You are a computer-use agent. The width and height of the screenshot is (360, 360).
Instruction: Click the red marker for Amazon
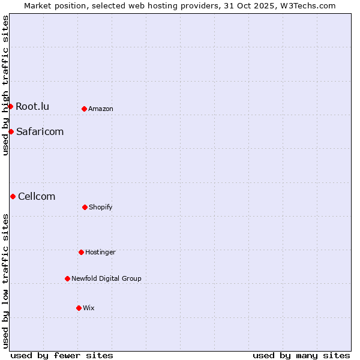tap(85, 109)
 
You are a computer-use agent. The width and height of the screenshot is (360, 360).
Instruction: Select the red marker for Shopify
tap(85, 207)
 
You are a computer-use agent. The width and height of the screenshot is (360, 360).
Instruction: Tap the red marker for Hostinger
tap(81, 252)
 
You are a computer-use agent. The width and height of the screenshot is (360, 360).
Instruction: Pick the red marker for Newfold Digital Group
tap(67, 278)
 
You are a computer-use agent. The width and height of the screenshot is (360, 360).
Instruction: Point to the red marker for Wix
tap(79, 308)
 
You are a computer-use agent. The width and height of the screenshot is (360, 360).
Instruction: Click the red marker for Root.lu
tap(10, 106)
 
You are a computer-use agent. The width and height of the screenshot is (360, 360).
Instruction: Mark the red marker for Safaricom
tap(11, 131)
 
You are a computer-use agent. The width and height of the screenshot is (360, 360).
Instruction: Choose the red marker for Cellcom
tap(13, 196)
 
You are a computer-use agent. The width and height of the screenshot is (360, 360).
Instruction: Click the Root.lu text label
tap(32, 106)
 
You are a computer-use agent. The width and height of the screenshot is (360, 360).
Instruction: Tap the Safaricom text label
tap(40, 131)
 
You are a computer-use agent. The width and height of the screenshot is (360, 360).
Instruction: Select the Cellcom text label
tap(37, 196)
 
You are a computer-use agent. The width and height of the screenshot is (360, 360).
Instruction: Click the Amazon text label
tap(101, 109)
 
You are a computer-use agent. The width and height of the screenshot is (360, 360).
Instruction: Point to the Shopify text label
tap(101, 207)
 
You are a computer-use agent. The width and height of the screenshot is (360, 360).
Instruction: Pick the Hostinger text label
tap(100, 252)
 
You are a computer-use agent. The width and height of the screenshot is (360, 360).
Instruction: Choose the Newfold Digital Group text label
tap(106, 278)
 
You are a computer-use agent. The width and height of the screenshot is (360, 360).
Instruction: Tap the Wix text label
tap(89, 308)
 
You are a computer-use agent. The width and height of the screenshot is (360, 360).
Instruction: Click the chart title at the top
tap(180, 5)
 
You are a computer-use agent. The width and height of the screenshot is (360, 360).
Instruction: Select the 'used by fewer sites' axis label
tap(62, 355)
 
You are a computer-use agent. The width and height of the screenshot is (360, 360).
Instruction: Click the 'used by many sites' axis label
tap(301, 355)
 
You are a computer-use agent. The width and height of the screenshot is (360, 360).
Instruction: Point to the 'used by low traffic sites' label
tap(5, 281)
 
